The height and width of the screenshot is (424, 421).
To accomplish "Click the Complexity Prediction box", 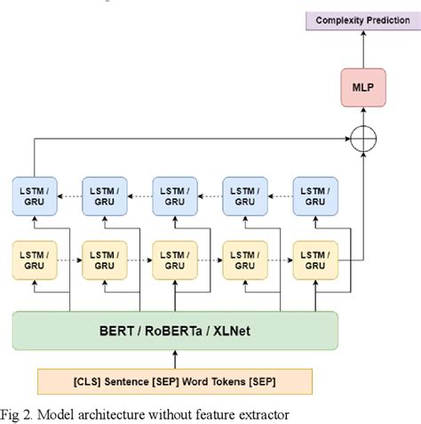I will tap(362, 20).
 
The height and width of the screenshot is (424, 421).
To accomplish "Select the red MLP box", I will tap(362, 87).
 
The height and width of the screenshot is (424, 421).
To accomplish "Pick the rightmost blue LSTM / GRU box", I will tap(315, 196).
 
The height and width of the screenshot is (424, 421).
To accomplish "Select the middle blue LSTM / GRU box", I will tap(176, 196).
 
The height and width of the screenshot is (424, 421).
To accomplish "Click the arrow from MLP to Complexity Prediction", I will tap(362, 49).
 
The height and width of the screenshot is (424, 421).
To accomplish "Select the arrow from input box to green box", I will tap(176, 359).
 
